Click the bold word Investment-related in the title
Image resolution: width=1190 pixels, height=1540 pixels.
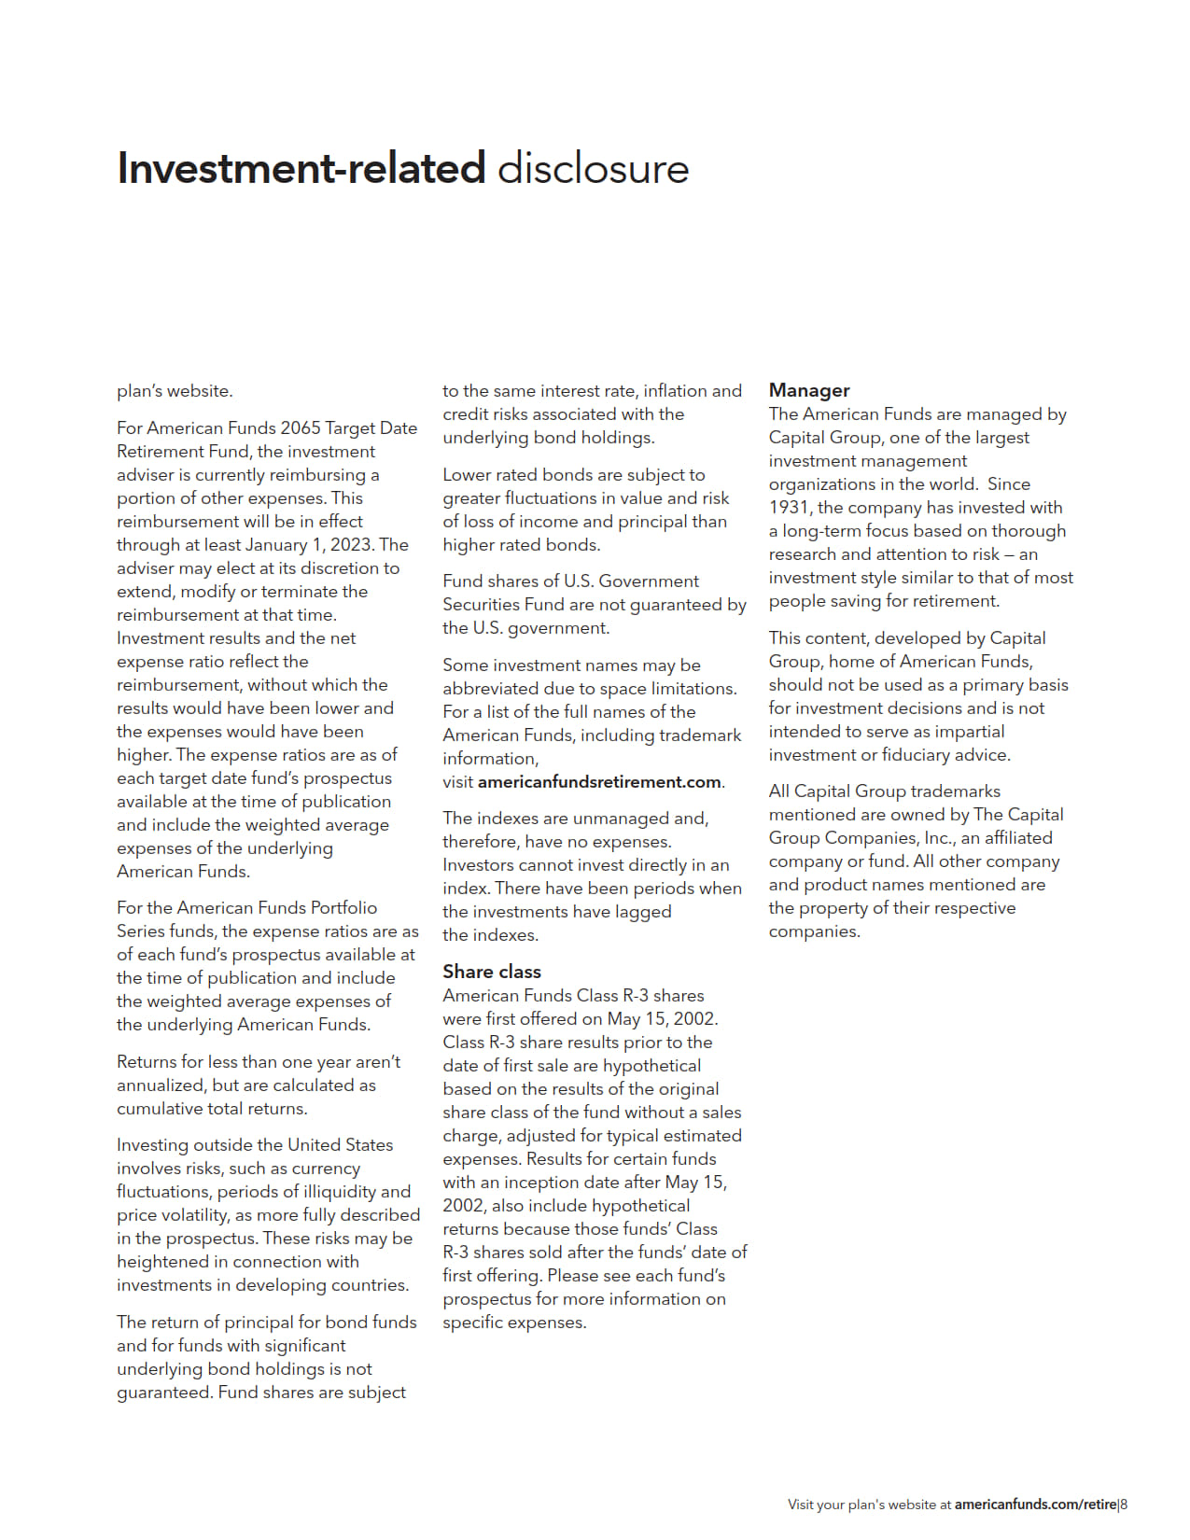coord(301,169)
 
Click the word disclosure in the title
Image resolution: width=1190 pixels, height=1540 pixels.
coord(593,169)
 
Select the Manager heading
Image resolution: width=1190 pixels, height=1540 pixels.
coord(809,390)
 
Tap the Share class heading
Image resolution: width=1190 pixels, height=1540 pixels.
coord(492,972)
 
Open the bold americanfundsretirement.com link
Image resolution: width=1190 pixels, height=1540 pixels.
coord(599,782)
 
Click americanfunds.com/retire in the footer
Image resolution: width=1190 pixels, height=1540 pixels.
coord(1035,1505)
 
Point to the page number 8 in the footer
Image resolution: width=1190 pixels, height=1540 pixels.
coord(1125,1505)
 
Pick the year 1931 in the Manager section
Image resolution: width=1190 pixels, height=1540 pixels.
coord(790,508)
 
